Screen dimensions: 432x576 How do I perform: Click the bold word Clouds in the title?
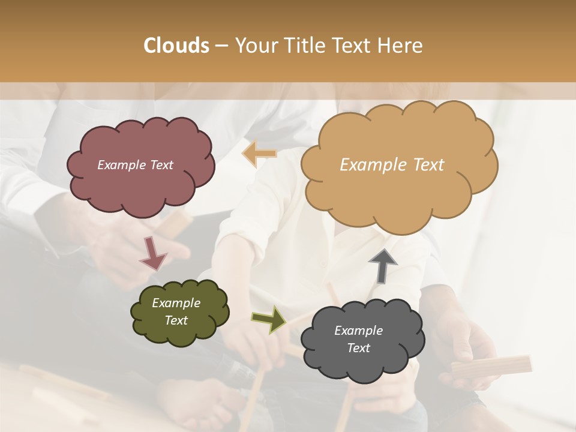coord(176,46)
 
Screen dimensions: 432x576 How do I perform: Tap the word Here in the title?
coord(400,46)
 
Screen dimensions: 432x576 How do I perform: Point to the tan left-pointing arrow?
coord(260,154)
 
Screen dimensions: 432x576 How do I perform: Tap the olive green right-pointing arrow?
coord(269,319)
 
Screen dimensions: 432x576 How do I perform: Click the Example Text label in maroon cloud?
coord(135,165)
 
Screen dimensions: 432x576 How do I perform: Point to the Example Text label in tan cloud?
coord(392,165)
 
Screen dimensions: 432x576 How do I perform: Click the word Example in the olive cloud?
coord(176,303)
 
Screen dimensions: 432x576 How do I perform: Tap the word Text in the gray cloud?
coord(358,348)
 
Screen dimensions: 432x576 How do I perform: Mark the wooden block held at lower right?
coord(492,366)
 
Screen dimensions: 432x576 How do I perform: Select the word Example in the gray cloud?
coord(358,331)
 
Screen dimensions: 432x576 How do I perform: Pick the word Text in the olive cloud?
coord(176,320)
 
